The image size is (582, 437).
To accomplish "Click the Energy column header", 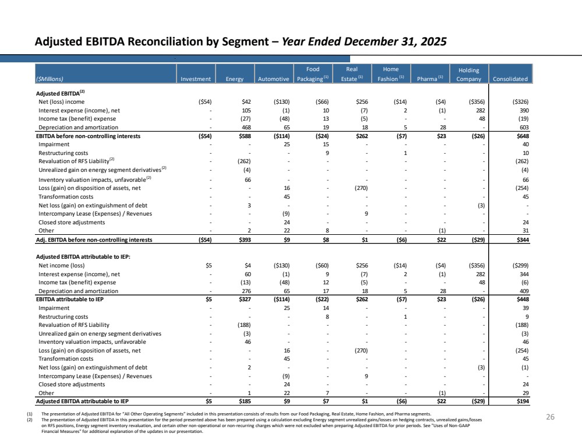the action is (x=235, y=79).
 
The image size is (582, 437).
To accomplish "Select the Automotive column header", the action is (x=274, y=79).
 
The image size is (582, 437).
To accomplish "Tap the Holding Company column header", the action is (x=469, y=74).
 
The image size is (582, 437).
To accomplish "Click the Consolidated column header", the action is (x=510, y=79).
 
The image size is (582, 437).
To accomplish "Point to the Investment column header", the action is (x=196, y=79).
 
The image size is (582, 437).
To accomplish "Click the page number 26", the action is (x=550, y=417).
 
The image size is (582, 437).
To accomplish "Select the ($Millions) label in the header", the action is (x=50, y=79).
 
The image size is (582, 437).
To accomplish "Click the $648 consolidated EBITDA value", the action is (x=523, y=136).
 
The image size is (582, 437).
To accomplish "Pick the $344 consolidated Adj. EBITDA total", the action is (x=523, y=240).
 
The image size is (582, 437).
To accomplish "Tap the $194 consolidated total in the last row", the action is (x=523, y=401).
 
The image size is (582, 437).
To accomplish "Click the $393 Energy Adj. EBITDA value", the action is (x=245, y=240).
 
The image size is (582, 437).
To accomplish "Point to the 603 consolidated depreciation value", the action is (x=524, y=128).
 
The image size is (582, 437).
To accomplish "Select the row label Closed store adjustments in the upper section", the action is (x=72, y=223).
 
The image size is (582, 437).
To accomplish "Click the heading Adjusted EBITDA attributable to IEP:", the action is (x=83, y=256).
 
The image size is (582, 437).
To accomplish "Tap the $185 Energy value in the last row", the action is (x=245, y=401).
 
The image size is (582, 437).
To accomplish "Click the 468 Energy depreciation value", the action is (x=246, y=128).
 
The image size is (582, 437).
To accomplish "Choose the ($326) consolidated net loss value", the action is (x=520, y=102).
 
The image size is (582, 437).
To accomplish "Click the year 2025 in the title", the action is (x=433, y=41).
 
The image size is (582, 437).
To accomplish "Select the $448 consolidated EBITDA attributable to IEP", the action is (x=523, y=299).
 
